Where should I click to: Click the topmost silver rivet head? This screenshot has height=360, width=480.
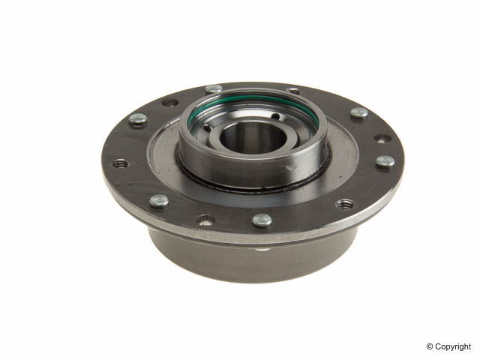coord(214,89)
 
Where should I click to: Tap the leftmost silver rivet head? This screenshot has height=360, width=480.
coord(137,118)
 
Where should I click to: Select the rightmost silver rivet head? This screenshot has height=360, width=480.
coord(385,161)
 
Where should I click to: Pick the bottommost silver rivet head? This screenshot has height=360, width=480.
coord(262,220)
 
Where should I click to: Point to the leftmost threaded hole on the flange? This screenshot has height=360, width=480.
coord(120,163)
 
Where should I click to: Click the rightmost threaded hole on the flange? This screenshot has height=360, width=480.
coord(345,203)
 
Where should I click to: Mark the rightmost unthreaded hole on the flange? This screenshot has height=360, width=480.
coord(382,138)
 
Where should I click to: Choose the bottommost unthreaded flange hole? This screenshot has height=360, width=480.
coord(205,220)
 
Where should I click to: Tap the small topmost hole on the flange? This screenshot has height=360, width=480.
coord(293,91)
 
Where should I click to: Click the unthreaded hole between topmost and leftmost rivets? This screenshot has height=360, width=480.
coord(170,102)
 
